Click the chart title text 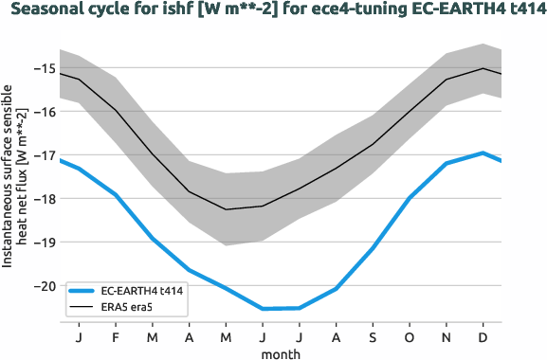[x=273, y=12]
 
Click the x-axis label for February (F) [x=116, y=337]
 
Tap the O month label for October [x=410, y=337]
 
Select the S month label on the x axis [x=373, y=337]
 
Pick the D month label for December [x=483, y=337]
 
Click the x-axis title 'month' [x=282, y=352]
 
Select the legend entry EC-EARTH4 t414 [x=141, y=292]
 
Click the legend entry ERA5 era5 [x=129, y=308]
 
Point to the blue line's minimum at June [x=263, y=309]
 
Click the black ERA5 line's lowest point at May [x=226, y=209]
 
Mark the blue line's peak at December [x=483, y=153]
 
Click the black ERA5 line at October [x=410, y=111]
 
